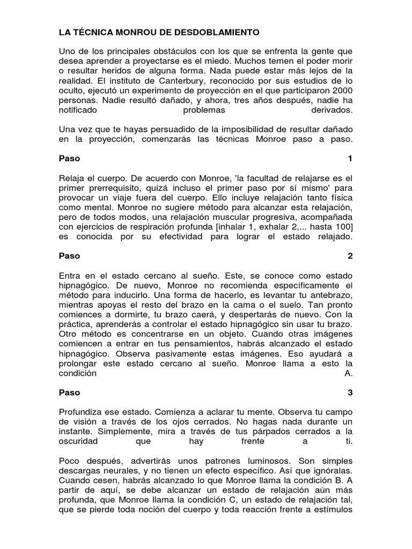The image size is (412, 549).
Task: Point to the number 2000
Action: point(342,90)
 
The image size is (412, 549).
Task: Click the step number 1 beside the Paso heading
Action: point(350,159)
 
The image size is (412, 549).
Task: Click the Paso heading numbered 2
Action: point(69,256)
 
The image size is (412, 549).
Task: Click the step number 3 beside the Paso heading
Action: point(350,392)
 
